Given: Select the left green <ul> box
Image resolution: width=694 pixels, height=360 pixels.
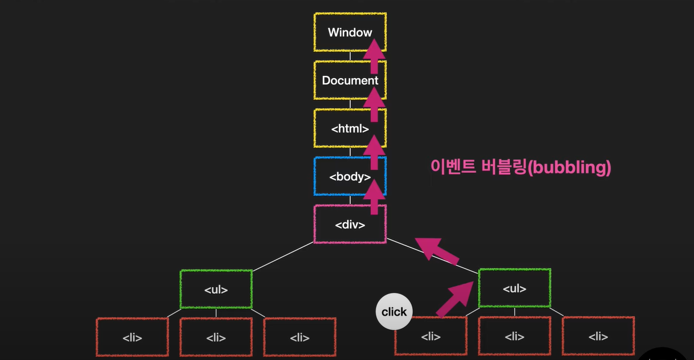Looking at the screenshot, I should pyautogui.click(x=216, y=289).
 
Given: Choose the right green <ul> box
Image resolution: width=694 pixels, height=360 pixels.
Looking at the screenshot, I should pyautogui.click(x=514, y=288).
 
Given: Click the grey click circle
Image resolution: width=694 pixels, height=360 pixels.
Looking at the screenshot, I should pyautogui.click(x=394, y=312).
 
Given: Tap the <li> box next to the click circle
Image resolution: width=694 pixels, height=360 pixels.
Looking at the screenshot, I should pyautogui.click(x=430, y=336).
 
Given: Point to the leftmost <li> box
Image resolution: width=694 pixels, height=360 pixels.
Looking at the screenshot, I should pyautogui.click(x=132, y=337).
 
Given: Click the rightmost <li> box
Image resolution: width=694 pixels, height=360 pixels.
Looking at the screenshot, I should pyautogui.click(x=598, y=336).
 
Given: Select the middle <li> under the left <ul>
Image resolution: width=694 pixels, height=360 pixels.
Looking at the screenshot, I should pyautogui.click(x=216, y=337).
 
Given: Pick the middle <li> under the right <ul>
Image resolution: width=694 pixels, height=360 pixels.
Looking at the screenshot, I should pyautogui.click(x=514, y=336).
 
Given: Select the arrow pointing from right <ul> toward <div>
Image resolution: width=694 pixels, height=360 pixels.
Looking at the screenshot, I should pyautogui.click(x=438, y=250).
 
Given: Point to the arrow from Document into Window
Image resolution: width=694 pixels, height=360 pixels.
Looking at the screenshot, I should pyautogui.click(x=374, y=56).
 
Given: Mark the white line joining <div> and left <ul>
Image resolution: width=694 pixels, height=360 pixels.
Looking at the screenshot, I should pyautogui.click(x=283, y=256).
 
